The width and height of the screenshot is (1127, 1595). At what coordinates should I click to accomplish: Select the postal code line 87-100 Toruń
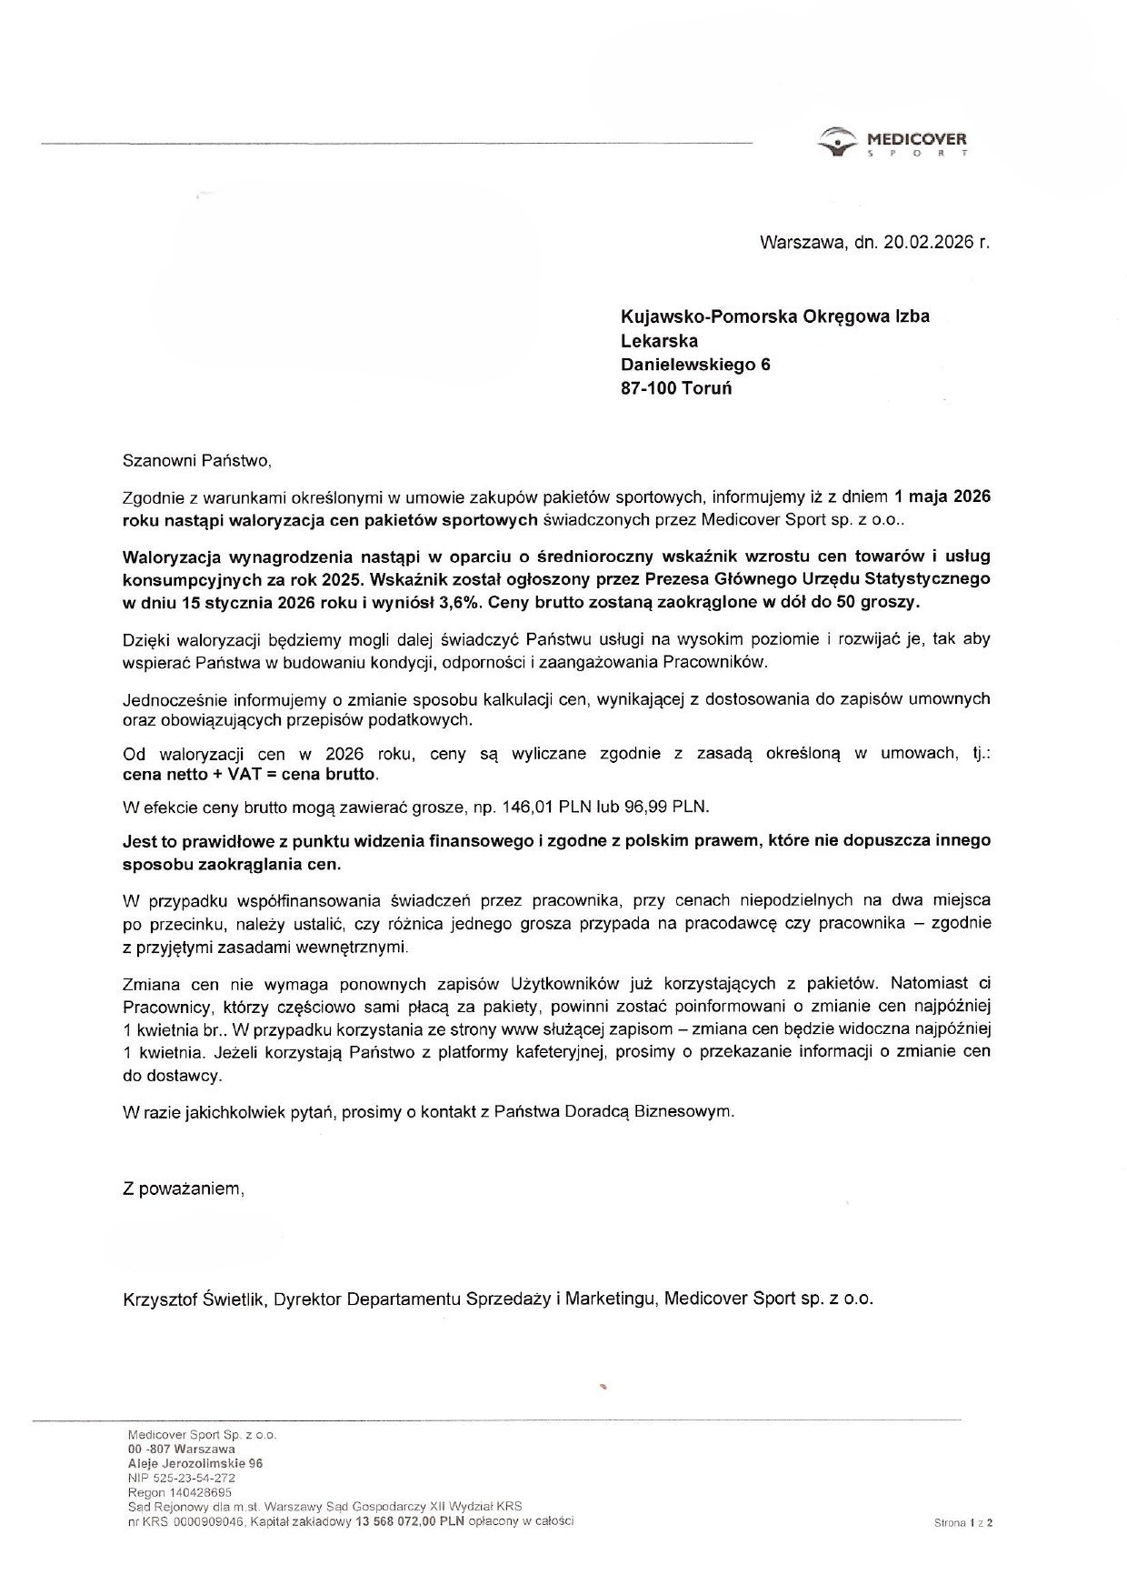(675, 388)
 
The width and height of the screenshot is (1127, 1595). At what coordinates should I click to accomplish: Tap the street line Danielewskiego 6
(695, 365)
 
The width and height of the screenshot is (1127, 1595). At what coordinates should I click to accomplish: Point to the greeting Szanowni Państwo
(196, 460)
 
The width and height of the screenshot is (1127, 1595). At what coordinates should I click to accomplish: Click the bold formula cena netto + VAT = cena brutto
(249, 776)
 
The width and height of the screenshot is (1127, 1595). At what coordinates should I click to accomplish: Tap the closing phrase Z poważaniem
(183, 1189)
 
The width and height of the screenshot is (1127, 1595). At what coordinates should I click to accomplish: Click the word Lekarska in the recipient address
(659, 341)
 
